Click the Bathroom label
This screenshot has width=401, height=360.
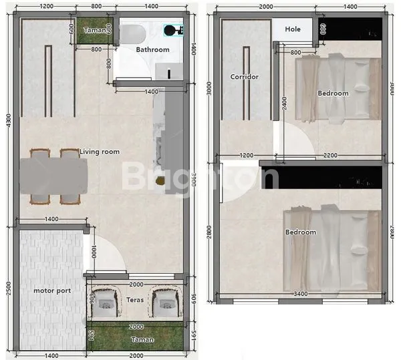(x=152, y=49)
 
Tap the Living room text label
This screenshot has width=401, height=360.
(x=100, y=152)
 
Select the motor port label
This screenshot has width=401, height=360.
(x=52, y=291)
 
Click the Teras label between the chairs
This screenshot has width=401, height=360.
(x=135, y=300)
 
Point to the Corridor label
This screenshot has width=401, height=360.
(x=244, y=77)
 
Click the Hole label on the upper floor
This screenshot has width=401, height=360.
(x=293, y=29)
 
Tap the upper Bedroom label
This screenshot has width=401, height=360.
(x=333, y=94)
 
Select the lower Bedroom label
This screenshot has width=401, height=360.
(x=300, y=232)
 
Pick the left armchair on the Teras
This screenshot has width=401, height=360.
(x=104, y=303)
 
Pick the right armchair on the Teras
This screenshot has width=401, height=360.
(x=164, y=303)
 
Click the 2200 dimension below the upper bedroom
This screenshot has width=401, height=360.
(x=329, y=155)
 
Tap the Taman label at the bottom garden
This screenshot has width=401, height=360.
(x=143, y=340)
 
